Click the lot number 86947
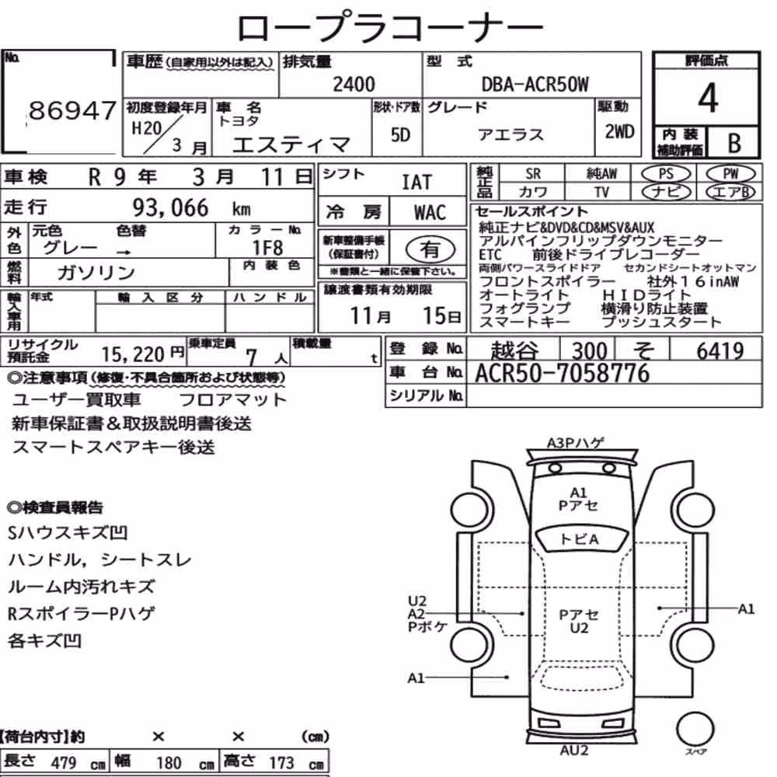[72, 110]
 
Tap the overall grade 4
[708, 98]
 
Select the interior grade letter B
[734, 143]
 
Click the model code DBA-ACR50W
[535, 85]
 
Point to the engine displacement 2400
[354, 84]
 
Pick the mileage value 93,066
[170, 207]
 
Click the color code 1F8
[267, 247]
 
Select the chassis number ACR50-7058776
[562, 373]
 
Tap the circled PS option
[666, 174]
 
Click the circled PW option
[731, 174]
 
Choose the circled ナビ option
[666, 192]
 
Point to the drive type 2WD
[619, 132]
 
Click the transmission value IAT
[416, 183]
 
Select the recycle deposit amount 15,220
[133, 354]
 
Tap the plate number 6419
[720, 351]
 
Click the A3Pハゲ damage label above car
[574, 443]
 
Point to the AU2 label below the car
[574, 751]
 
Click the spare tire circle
[695, 729]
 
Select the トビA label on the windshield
[579, 538]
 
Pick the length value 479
[64, 762]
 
